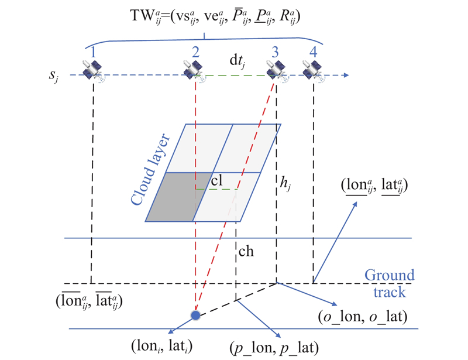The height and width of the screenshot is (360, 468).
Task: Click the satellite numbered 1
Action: point(92,71)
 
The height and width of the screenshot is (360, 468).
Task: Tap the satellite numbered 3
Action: point(275,71)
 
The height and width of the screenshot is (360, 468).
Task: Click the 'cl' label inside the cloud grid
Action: point(216,181)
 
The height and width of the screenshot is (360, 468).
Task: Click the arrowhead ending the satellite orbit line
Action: point(347,76)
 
